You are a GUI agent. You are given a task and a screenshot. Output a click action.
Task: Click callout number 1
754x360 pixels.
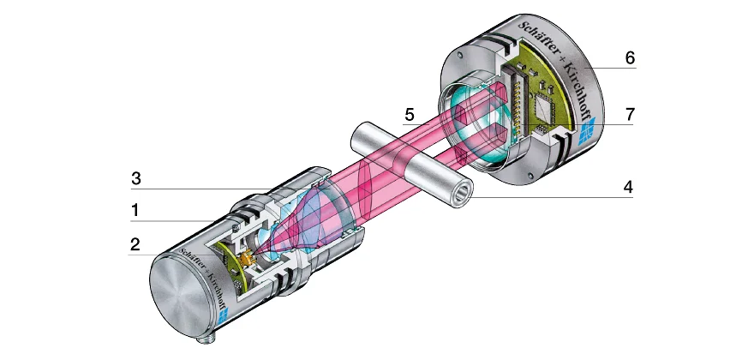tap(135, 208)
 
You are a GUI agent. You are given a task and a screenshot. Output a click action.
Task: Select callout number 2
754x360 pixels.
tap(135, 244)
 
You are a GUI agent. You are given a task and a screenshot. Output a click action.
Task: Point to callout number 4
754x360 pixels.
tap(629, 186)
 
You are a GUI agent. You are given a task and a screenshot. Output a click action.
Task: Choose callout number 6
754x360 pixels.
tap(630, 58)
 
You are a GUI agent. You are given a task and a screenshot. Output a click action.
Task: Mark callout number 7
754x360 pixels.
tap(630, 113)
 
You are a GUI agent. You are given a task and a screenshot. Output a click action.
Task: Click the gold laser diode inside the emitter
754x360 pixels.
tap(249, 256)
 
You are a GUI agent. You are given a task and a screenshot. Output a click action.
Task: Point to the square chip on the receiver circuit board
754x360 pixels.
tap(543, 107)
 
